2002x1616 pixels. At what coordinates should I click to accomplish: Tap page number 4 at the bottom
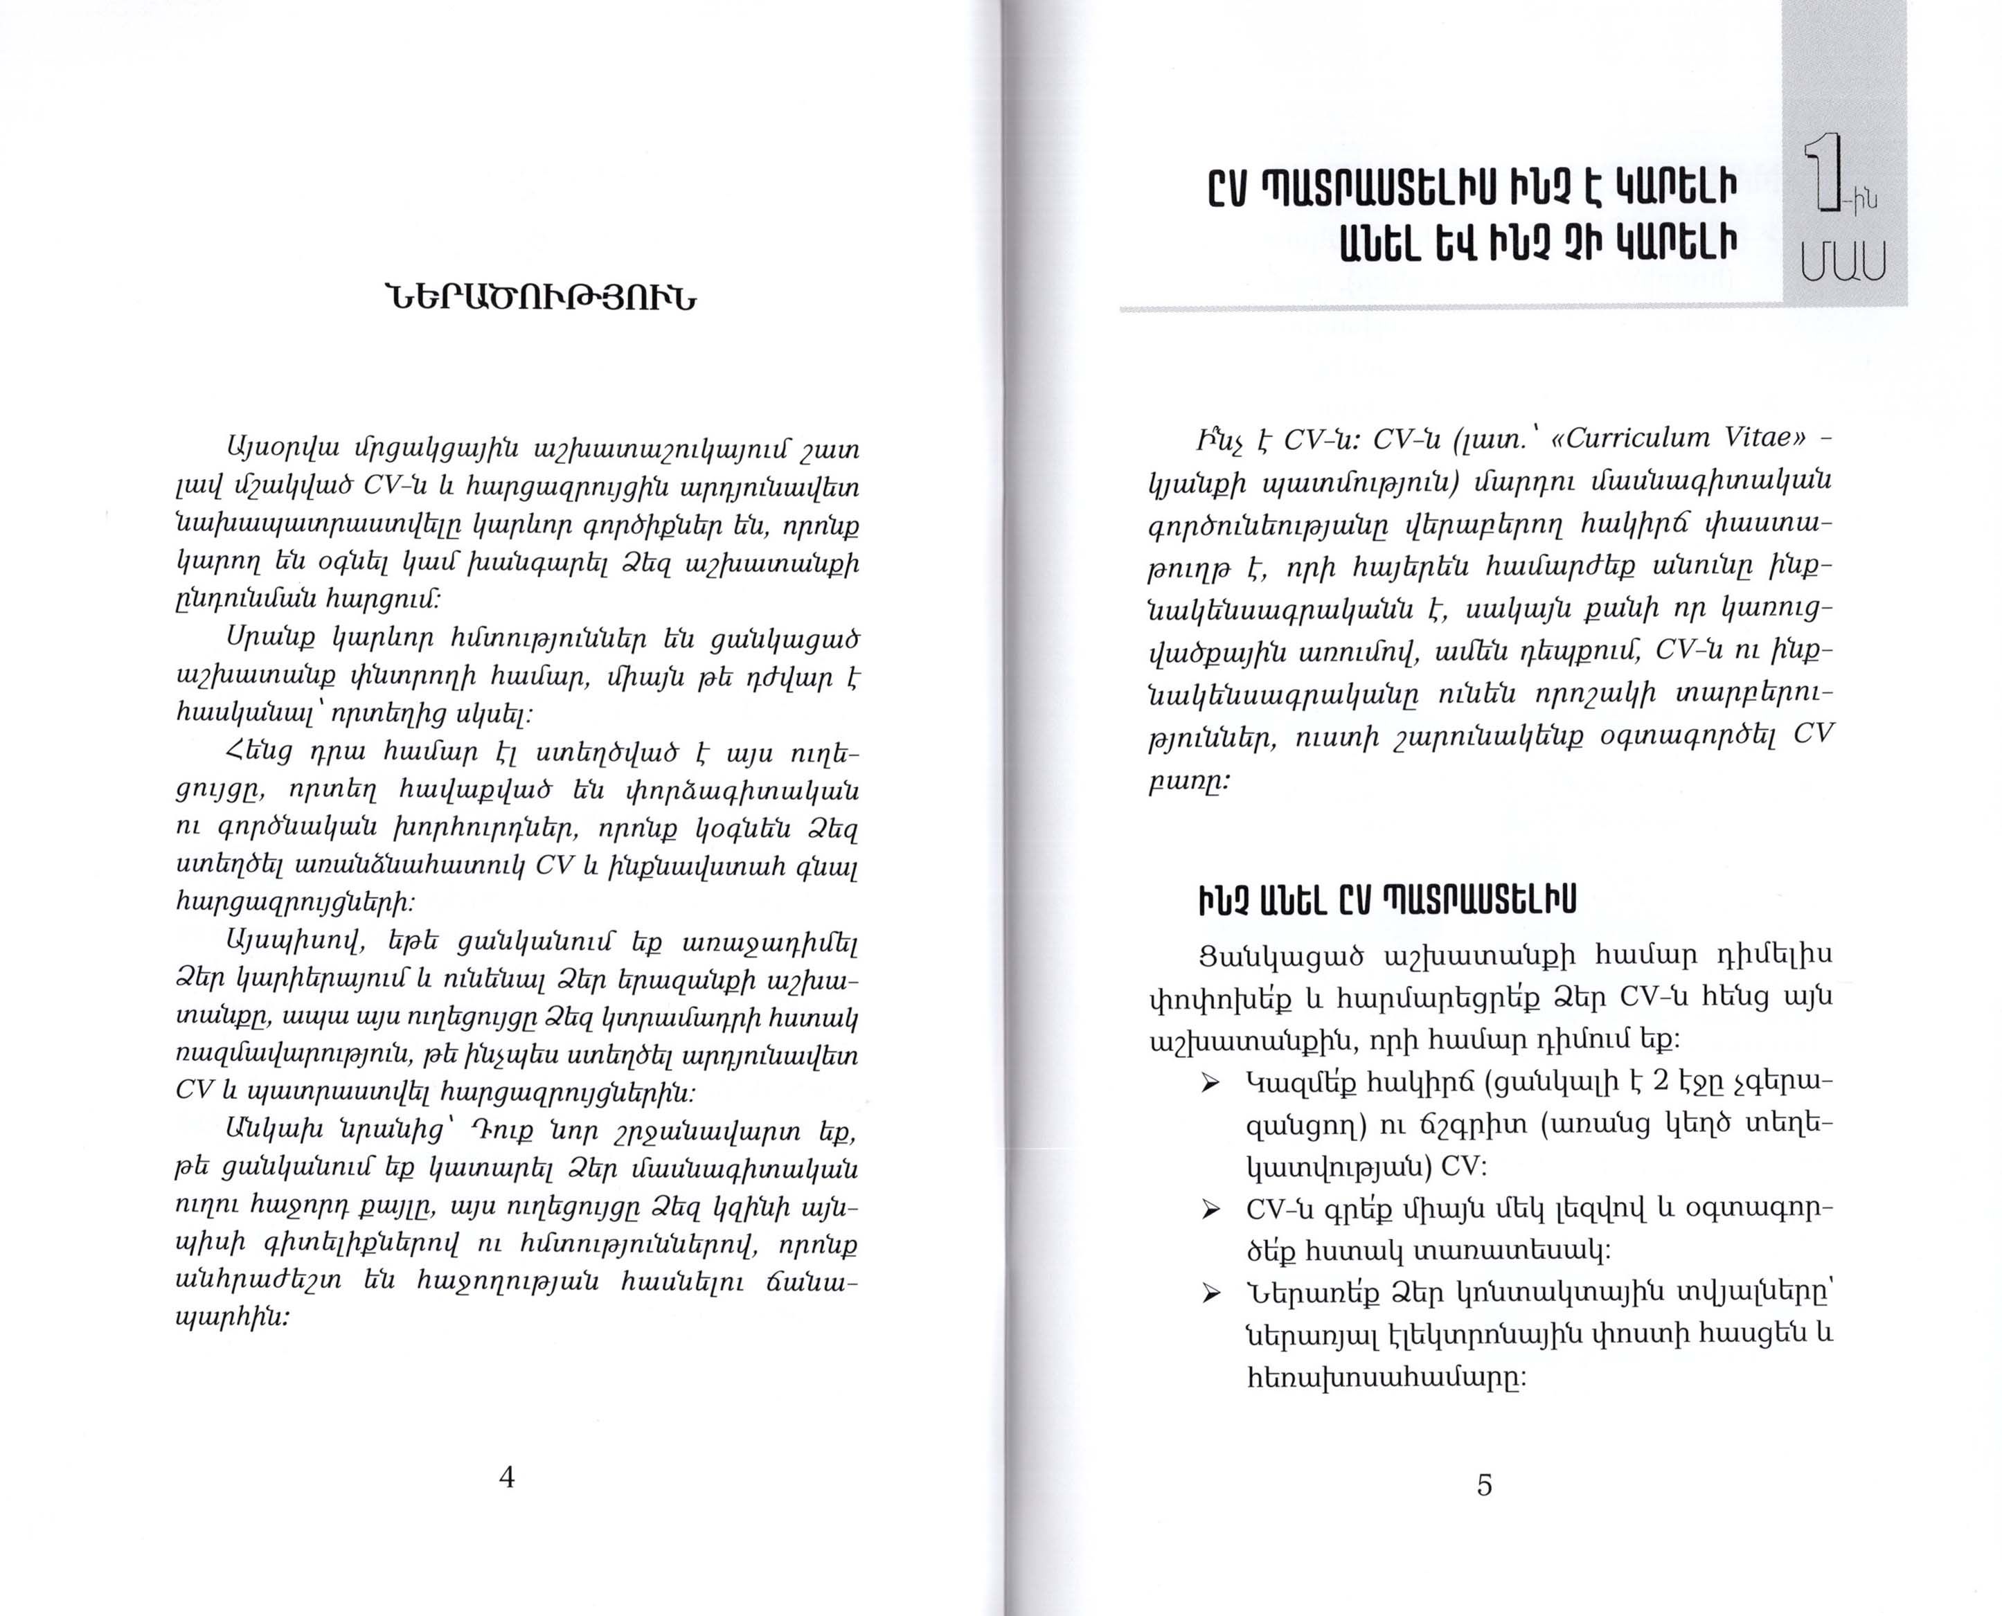tap(506, 1476)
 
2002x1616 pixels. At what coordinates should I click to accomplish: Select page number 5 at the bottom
tap(1484, 1484)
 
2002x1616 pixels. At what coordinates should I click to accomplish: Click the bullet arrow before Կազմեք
tap(1210, 1086)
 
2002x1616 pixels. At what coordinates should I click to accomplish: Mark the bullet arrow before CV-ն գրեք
tap(1210, 1210)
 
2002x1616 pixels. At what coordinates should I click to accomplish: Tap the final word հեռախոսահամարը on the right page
tap(1386, 1376)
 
